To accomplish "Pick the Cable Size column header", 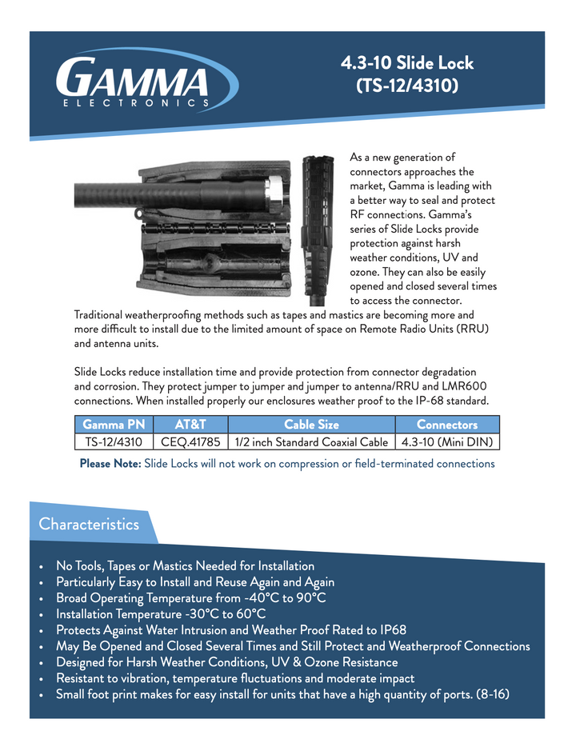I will [x=311, y=425].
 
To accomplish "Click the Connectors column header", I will [x=446, y=425].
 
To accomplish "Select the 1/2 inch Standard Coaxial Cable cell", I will [x=311, y=441].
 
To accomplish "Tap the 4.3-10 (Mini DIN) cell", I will [x=446, y=441].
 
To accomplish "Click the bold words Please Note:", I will [x=110, y=464].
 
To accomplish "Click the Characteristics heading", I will [x=89, y=525].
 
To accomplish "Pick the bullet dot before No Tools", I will [x=42, y=567].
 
